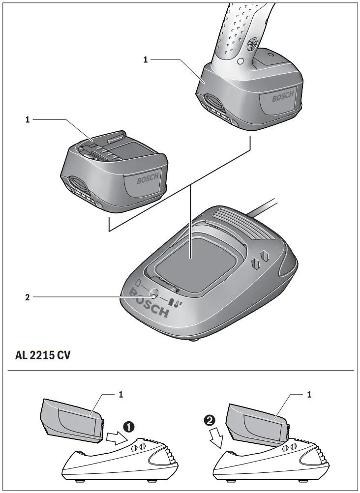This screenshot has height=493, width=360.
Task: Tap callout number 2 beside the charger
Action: point(28,297)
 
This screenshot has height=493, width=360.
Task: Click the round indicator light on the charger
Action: point(153,293)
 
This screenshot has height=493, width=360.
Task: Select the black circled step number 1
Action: point(129,426)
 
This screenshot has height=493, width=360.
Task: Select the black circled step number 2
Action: point(210,420)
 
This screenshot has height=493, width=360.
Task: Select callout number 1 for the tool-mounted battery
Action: point(146,60)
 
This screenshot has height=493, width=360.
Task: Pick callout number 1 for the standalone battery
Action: point(28,119)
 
